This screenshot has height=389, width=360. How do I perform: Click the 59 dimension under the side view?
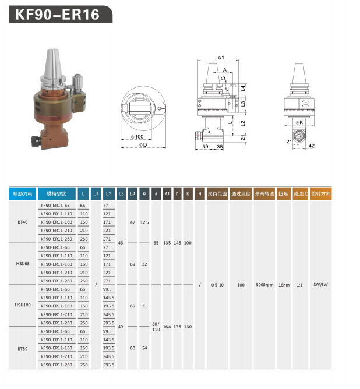[205, 147]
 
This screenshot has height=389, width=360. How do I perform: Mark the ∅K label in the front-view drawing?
[298, 122]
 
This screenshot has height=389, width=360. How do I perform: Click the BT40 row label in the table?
[23, 222]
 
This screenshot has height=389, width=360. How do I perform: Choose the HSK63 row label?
[23, 264]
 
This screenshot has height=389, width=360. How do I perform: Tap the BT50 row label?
[23, 348]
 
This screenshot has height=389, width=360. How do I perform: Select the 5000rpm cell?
[264, 285]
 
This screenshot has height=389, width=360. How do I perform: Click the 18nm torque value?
[284, 285]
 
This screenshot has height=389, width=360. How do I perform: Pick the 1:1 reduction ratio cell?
[299, 285]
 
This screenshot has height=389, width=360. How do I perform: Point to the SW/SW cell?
[320, 285]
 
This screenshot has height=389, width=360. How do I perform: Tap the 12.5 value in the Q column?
[144, 222]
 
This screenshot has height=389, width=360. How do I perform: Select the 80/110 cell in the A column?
[156, 326]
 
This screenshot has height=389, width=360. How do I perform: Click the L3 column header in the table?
[121, 193]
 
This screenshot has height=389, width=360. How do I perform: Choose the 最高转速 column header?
[264, 193]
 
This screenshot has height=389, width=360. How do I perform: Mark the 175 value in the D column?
[177, 327]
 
